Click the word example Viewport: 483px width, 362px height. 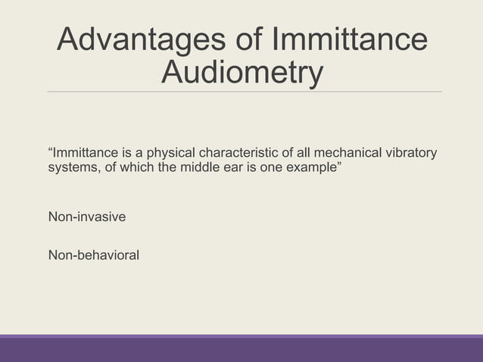click(312, 167)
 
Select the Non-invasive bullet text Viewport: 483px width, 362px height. click(87, 218)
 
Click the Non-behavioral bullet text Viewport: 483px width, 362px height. click(94, 255)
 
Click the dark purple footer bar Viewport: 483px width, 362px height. click(241, 350)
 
